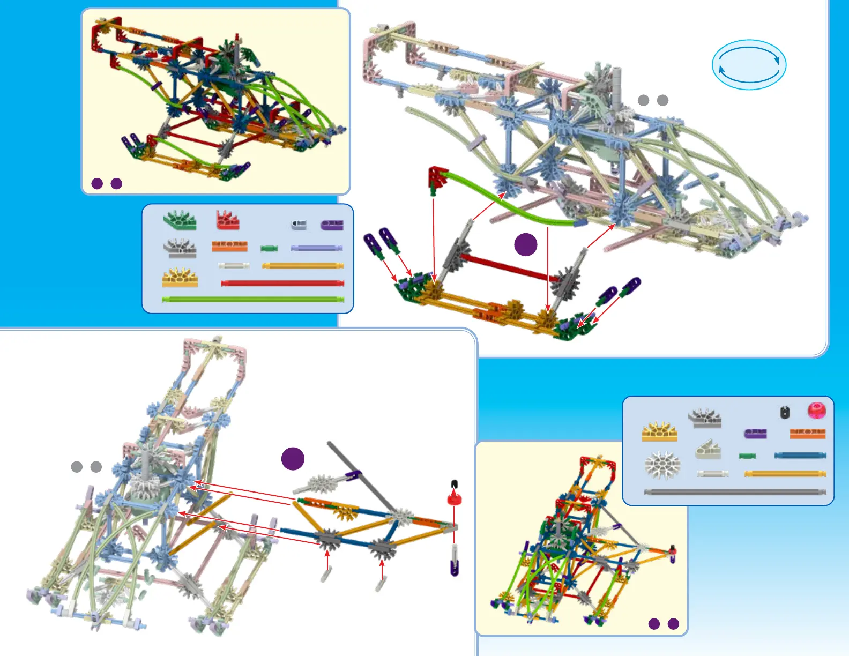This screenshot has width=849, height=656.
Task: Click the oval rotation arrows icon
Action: click(x=749, y=64)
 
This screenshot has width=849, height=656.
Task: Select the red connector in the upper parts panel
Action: click(x=228, y=220)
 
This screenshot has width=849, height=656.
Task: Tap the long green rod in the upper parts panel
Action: click(x=252, y=299)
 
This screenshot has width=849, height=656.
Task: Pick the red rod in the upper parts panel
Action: click(x=282, y=283)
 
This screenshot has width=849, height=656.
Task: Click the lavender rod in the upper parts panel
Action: click(x=316, y=248)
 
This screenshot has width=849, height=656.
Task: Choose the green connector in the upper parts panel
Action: click(x=180, y=220)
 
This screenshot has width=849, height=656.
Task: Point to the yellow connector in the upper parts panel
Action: click(x=180, y=278)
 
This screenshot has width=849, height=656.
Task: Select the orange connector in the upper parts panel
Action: click(x=229, y=246)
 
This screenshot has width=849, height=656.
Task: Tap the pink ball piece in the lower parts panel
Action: click(x=816, y=411)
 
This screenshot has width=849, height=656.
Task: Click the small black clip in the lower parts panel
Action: click(x=785, y=412)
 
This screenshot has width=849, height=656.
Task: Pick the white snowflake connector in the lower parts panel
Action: click(x=662, y=465)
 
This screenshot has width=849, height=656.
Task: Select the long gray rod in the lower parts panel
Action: click(x=734, y=492)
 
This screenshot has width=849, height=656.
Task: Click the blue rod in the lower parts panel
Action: click(x=800, y=456)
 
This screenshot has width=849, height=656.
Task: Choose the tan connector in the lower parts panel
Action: click(x=707, y=451)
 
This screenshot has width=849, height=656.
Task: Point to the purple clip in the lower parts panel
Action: click(x=755, y=434)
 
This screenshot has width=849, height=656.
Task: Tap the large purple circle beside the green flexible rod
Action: click(x=525, y=244)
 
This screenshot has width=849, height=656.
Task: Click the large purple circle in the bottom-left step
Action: click(x=293, y=459)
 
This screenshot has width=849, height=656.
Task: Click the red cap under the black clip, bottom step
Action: click(x=454, y=498)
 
